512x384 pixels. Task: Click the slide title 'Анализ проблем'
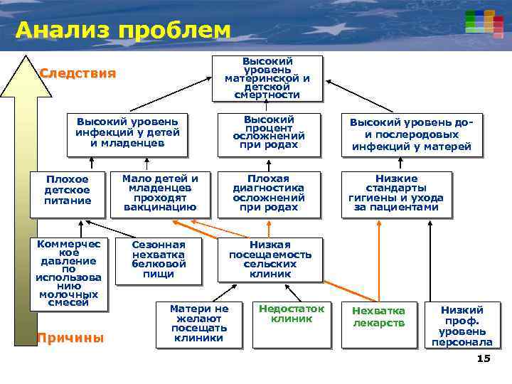coord(122,31)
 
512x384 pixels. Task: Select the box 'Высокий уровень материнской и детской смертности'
coord(267,78)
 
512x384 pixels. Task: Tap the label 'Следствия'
coord(78,73)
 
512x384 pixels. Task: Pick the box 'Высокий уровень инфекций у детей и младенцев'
coord(127,132)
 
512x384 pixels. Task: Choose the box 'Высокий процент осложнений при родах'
coord(268,132)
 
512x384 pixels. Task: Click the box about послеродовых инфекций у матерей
coord(411,134)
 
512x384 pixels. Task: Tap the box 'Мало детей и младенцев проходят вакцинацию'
coord(160,193)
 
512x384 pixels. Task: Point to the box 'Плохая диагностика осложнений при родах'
coord(268,193)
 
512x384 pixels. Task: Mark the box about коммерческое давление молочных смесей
coord(68,273)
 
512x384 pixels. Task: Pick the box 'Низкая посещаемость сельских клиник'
coord(270,259)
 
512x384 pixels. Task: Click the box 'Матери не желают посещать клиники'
coord(199,324)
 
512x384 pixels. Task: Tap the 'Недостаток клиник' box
coord(291,324)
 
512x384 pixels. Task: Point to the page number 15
coord(484,358)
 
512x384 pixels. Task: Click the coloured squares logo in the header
coord(479,21)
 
